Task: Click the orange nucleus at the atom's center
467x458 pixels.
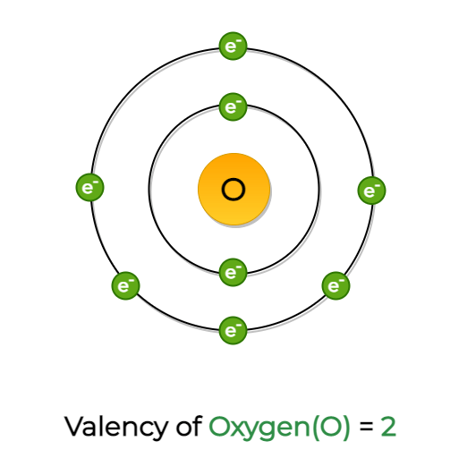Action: coord(234,189)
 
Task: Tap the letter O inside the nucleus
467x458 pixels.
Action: coord(233,190)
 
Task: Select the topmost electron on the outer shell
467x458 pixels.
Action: coord(233,46)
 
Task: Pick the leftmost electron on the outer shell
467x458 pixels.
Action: coord(89,187)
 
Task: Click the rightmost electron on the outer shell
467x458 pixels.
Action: coord(371,191)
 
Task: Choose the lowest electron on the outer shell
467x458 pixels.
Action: coord(233,330)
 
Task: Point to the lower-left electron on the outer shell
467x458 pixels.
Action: coord(125,285)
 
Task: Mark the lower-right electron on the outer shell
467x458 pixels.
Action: coord(335,285)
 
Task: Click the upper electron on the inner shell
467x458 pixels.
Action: coord(233,106)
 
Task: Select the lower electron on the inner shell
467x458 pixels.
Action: coord(233,272)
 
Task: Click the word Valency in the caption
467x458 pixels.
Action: coord(115,428)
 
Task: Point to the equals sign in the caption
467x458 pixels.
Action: coord(366,427)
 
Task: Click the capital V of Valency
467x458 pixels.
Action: coord(75,427)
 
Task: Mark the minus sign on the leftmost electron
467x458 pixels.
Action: coord(95,182)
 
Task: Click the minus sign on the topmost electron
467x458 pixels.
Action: coord(239,41)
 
